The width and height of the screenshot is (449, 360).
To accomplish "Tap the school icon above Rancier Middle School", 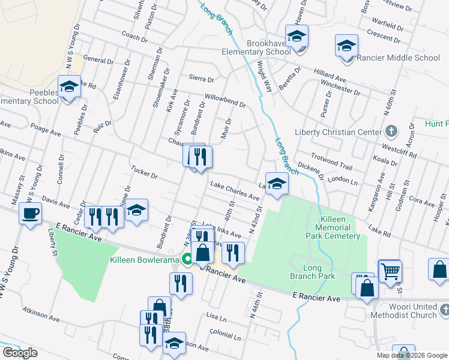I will click(346, 46).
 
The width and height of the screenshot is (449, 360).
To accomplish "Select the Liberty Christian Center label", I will click(339, 132).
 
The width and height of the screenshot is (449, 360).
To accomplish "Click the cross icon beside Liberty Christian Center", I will click(391, 131).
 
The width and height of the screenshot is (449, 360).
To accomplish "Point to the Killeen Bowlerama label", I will click(145, 260).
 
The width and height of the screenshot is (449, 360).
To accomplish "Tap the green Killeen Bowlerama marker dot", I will click(187, 260).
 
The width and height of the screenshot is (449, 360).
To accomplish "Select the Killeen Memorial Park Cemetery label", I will click(336, 227).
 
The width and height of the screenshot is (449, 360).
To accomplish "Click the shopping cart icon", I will click(390, 271).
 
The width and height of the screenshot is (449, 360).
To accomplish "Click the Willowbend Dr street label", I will click(225, 100).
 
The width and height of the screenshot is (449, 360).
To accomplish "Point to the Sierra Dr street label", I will click(201, 79).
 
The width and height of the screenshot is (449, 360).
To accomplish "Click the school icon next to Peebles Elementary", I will click(69, 87).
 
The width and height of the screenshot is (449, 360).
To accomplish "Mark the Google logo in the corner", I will click(20, 353).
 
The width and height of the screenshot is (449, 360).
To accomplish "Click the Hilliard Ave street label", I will click(330, 75).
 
